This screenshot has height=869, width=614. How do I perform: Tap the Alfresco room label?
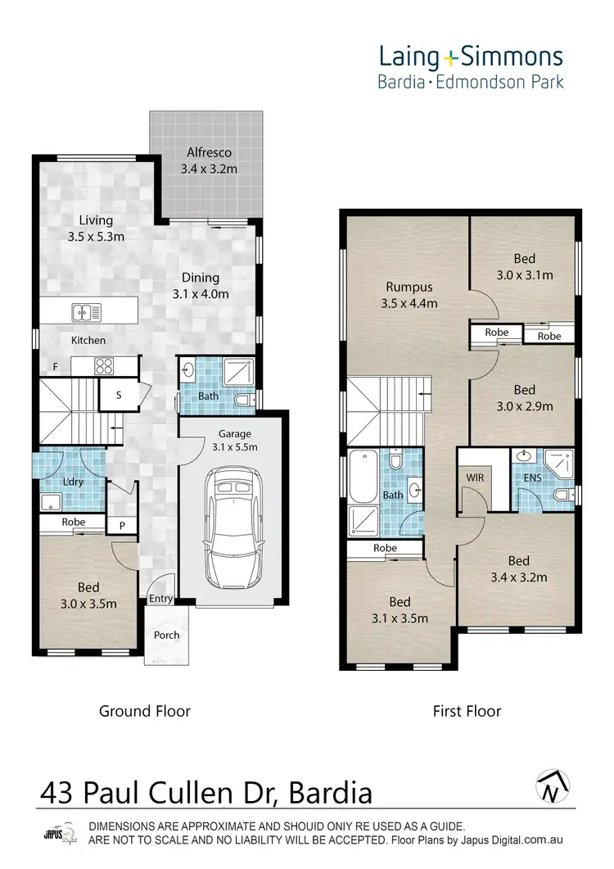pyautogui.click(x=209, y=152)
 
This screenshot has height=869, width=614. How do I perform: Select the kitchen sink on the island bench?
pyautogui.click(x=85, y=311)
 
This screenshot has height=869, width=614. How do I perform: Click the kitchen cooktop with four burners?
pyautogui.click(x=105, y=367)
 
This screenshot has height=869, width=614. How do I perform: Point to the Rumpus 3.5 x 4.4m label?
pyautogui.click(x=409, y=287)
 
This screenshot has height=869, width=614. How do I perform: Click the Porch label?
pyautogui.click(x=167, y=635)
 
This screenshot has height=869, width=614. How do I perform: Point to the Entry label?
pyautogui.click(x=161, y=599)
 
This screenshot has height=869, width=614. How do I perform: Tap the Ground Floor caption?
pyautogui.click(x=145, y=710)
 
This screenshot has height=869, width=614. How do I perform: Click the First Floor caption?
pyautogui.click(x=467, y=710)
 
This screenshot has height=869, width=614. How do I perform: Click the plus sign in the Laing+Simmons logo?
pyautogui.click(x=453, y=57)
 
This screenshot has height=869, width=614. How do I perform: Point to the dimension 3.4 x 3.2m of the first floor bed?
pyautogui.click(x=518, y=577)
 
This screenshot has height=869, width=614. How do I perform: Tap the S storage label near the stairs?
pyautogui.click(x=119, y=395)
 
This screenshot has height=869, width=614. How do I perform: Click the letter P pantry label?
pyautogui.click(x=121, y=525)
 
